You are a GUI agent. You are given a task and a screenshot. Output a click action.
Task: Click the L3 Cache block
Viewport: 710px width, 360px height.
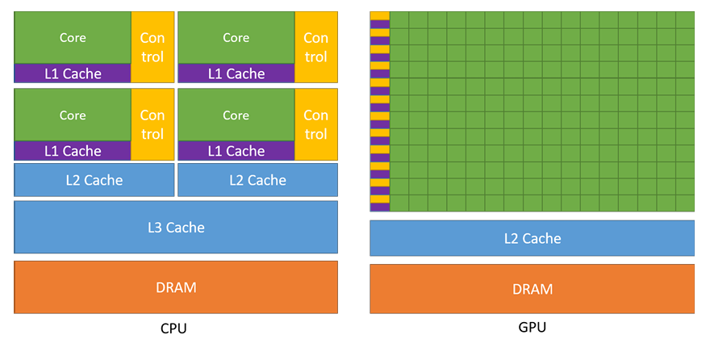coord(176,228)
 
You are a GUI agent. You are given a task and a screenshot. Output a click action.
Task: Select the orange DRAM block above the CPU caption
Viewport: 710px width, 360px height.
coord(176,287)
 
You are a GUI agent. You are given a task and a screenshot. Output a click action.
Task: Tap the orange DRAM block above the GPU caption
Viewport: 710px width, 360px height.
coord(532,289)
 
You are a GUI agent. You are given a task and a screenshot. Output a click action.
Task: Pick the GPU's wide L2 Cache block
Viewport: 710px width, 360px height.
coord(532,238)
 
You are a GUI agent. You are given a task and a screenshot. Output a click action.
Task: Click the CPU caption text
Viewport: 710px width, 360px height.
coord(174,329)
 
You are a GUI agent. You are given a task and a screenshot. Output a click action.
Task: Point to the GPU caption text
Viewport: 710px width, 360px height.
coord(532,328)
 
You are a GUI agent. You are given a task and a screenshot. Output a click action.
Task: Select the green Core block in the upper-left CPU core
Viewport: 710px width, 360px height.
coord(73,38)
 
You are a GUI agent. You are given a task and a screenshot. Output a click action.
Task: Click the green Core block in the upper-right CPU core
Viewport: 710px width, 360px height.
coord(236,38)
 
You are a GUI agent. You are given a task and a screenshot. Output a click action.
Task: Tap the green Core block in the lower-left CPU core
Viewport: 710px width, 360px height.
coord(73,115)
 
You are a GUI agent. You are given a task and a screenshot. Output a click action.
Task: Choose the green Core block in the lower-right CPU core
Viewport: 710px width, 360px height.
coord(236,115)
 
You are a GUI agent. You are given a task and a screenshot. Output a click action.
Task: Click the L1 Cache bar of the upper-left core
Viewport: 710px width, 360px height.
coord(73,73)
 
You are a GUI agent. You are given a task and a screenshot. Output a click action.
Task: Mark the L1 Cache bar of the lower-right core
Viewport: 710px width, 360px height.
coord(236,151)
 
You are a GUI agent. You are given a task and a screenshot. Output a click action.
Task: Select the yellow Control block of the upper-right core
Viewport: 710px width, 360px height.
coord(315,47)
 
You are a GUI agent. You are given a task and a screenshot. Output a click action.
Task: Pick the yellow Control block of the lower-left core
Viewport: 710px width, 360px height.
coord(152,124)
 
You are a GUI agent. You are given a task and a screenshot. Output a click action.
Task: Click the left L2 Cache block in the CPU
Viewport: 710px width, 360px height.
coord(94,180)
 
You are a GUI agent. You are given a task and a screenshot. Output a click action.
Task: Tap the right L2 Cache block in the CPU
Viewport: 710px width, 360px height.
coord(257,180)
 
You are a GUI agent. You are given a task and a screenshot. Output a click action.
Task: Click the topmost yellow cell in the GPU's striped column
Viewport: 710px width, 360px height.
coord(380,15)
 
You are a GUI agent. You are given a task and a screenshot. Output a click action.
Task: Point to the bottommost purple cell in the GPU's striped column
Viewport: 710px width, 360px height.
coord(380,207)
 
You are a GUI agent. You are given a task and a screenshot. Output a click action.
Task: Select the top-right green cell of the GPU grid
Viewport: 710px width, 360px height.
coord(685,19)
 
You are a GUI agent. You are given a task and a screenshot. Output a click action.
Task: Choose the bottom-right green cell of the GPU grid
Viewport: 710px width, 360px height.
coord(685,203)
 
